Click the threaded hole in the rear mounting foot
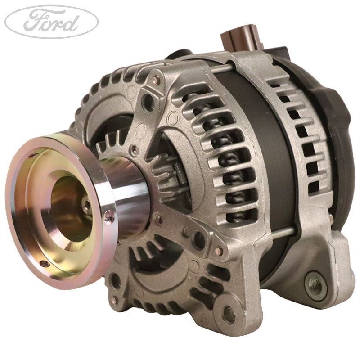coord(313,283)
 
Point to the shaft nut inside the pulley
coord(86,206)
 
